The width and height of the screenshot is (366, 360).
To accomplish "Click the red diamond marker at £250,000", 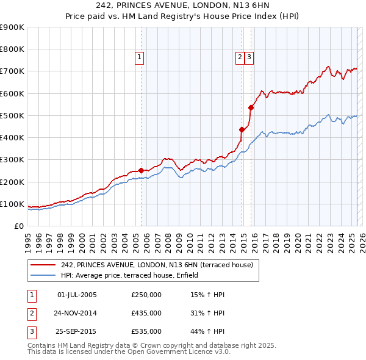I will point(141,171).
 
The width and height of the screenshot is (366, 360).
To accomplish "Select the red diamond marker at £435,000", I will point(242,129).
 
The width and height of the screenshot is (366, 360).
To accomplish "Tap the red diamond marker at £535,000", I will point(251,107).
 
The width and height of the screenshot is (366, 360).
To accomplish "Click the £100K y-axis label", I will point(12,204).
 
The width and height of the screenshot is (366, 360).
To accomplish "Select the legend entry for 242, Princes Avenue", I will point(160,265).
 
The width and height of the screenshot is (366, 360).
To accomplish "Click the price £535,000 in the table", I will point(146,331).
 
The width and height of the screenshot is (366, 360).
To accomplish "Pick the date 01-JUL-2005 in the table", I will point(77,295).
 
